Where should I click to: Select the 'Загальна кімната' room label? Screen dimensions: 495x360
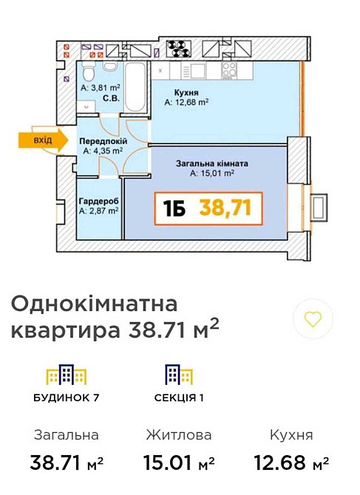(211, 164)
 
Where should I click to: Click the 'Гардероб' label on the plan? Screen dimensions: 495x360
(99, 201)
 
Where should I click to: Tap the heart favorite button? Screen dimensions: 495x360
(313, 319)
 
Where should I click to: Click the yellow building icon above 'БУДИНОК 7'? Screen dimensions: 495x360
(67, 375)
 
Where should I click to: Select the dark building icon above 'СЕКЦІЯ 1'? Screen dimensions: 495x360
(174, 375)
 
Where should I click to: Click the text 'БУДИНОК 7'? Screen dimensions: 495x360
(67, 397)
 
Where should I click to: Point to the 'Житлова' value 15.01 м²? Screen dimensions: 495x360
(177, 463)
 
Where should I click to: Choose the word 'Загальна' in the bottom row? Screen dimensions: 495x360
(67, 435)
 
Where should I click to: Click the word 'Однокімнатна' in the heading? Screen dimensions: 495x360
(95, 304)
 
